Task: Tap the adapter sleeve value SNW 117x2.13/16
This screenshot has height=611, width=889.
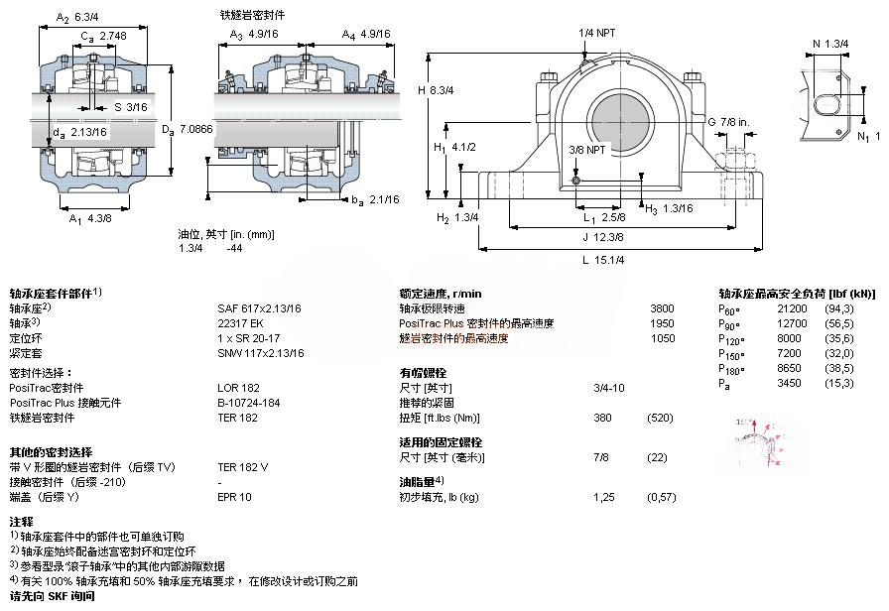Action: point(261,353)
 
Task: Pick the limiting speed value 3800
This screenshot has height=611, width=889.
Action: point(662,308)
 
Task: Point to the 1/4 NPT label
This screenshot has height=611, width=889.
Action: point(597,33)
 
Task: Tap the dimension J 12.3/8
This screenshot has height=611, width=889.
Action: point(603,237)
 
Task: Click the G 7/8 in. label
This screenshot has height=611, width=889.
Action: point(727,121)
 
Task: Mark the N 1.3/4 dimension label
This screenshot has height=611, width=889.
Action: point(831,43)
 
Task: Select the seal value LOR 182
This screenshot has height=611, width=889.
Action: point(237,388)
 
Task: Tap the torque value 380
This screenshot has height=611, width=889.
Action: point(602,418)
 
